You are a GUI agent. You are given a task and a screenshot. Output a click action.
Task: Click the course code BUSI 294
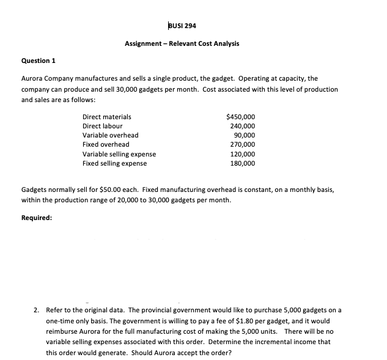(x=182, y=25)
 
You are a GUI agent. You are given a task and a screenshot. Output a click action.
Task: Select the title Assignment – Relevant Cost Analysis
(x=182, y=44)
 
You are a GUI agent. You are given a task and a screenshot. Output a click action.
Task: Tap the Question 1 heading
(x=39, y=62)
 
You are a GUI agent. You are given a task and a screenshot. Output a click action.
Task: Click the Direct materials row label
(x=106, y=116)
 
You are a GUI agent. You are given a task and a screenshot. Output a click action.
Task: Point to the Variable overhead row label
(x=110, y=135)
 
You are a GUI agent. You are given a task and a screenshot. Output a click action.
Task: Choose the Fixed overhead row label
(x=106, y=144)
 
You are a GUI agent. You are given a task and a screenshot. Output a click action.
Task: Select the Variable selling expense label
(x=119, y=154)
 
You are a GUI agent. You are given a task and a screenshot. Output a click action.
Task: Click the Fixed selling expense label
(x=114, y=163)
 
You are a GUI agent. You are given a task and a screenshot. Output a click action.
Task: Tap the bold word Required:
(x=37, y=217)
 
